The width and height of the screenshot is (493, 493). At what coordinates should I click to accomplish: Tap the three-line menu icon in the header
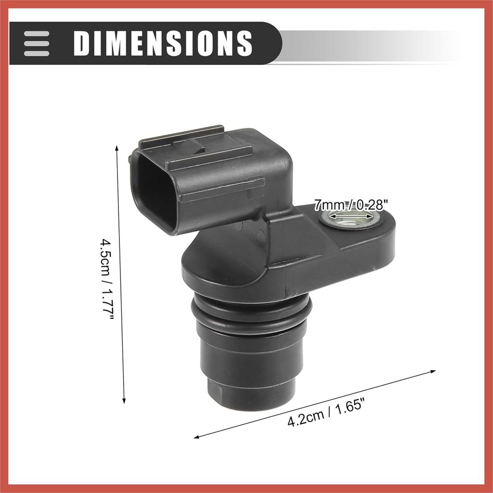coord(37,43)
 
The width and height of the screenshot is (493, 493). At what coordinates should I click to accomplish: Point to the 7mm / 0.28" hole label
coord(350,205)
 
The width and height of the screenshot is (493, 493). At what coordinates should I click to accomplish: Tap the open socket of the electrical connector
coord(154,193)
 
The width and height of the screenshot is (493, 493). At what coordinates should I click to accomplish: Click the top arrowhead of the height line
coord(117,147)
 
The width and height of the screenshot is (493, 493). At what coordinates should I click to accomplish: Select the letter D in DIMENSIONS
coord(82,43)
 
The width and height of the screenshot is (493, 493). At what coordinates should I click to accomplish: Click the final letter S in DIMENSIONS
coord(244,43)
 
